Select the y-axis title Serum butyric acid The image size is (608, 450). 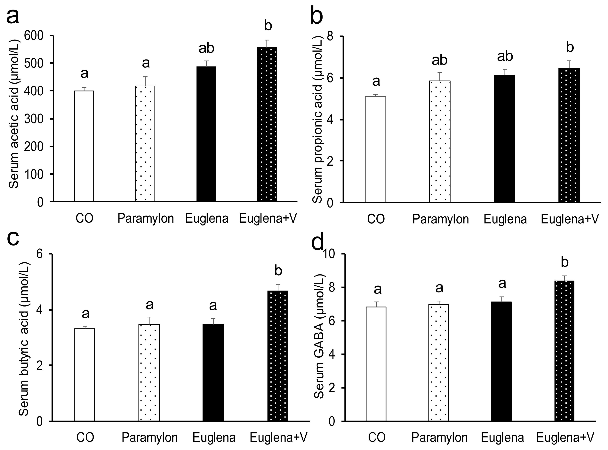pyautogui.click(x=24, y=339)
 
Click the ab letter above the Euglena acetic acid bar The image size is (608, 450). pyautogui.click(x=206, y=49)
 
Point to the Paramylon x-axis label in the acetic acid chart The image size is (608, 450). pyautogui.click(x=146, y=218)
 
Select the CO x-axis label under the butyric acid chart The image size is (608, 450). pyautogui.click(x=85, y=438)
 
